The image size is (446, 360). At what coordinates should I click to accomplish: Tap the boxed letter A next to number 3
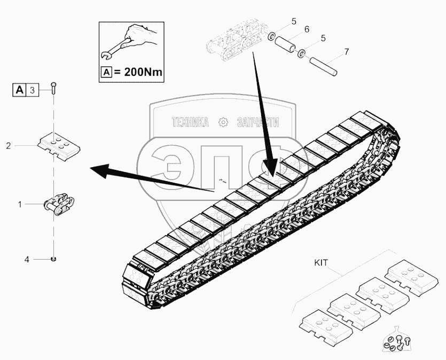point(19,90)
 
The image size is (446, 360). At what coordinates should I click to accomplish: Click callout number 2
point(9,145)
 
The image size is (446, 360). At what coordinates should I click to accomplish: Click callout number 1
point(20,204)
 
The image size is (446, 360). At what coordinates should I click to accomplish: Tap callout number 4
point(26,260)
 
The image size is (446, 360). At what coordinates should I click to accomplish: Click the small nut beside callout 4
point(53,259)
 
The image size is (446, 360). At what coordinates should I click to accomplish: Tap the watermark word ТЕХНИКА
point(190,123)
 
